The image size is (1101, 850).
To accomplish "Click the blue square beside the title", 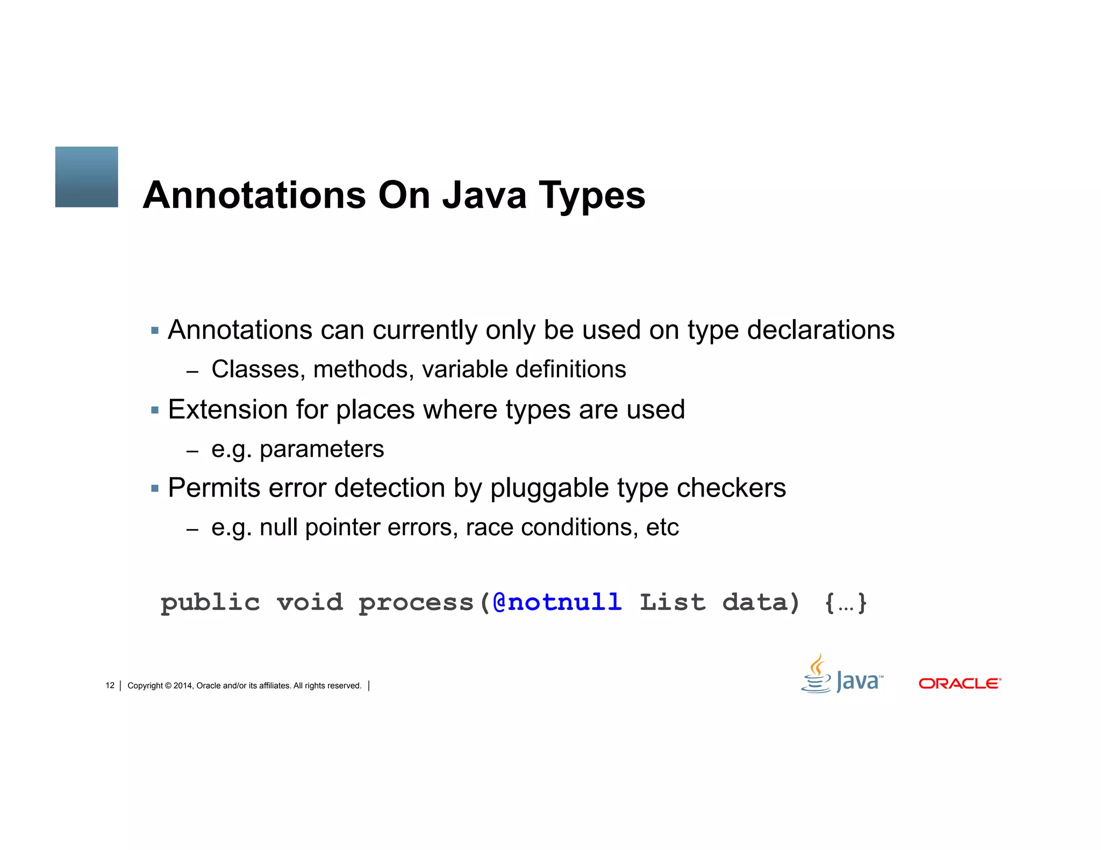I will tap(87, 177).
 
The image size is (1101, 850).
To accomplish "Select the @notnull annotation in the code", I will tap(557, 602).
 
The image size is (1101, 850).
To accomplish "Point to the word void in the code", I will tap(310, 602).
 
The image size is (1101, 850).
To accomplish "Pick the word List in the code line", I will tap(673, 602).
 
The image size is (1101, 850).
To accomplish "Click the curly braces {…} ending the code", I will tap(846, 603).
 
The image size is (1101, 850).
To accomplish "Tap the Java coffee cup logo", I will tap(817, 674).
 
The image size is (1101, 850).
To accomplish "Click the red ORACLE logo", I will tap(960, 683).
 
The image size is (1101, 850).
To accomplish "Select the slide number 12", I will tap(110, 686).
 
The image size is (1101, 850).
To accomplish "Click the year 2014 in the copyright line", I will tap(183, 686).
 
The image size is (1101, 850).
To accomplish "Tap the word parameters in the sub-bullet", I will tap(321, 449).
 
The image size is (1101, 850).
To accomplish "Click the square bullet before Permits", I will tap(155, 488).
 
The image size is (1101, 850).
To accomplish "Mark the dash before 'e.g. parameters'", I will tap(192, 451).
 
